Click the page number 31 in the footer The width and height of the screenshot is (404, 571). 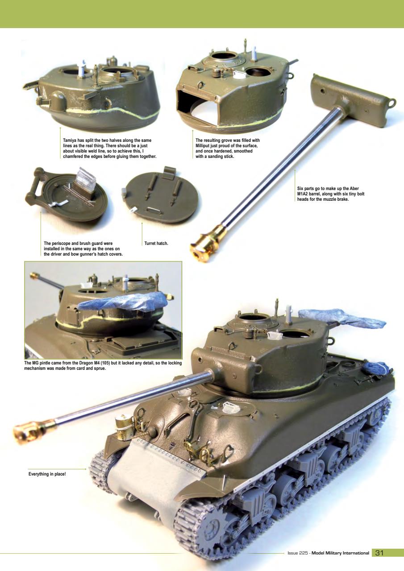379,553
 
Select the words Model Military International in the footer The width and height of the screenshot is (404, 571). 340,553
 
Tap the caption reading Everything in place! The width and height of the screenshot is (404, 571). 47,473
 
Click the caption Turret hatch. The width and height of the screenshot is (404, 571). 156,243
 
